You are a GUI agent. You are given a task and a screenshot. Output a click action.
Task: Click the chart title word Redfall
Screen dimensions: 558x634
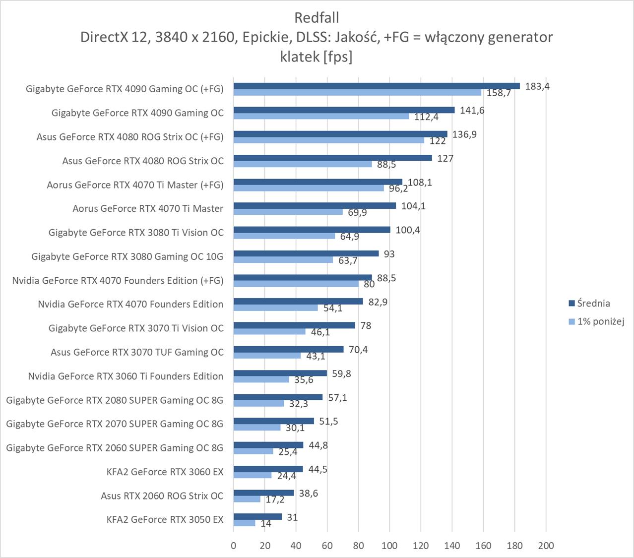coord(317,18)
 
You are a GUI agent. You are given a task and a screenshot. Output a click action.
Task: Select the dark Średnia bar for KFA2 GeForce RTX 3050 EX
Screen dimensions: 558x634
coord(257,516)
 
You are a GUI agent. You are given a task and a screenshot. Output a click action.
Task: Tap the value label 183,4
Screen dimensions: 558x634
coord(537,86)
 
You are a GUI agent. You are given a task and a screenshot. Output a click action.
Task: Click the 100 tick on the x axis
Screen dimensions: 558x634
coord(389,546)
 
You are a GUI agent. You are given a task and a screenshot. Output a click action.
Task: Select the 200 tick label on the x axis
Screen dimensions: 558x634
coord(546,546)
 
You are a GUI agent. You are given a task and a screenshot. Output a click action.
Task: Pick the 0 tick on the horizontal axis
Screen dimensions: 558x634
coord(234,546)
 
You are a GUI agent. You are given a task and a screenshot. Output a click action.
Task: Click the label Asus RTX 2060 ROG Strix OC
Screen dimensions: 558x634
coord(162,496)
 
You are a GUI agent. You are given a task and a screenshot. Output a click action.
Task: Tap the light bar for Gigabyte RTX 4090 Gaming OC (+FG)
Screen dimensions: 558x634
coord(357,92)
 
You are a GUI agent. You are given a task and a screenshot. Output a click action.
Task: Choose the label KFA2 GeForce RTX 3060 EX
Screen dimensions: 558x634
coord(165,472)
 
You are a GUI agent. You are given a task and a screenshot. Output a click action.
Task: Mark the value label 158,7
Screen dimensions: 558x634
coord(499,93)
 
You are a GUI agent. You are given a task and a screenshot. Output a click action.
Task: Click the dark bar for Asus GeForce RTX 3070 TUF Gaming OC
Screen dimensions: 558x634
coord(288,349)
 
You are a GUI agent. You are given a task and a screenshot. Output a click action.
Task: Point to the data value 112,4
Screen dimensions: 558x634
coord(426,117)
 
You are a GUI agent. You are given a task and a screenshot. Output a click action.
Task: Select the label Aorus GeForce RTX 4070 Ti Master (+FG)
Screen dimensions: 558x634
coord(135,185)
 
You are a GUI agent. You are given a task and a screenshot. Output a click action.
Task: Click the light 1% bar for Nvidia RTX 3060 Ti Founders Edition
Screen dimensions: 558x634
coord(261,379)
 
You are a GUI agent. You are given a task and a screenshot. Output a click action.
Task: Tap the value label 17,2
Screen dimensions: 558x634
coord(275,499)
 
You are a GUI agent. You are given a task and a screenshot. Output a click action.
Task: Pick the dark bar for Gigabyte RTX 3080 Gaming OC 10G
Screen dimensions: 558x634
coord(306,253)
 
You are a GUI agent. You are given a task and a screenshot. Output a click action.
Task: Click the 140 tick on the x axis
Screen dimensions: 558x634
coord(452,546)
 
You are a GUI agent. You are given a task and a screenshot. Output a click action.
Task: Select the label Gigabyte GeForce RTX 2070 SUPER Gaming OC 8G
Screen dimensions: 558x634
coord(115,424)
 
